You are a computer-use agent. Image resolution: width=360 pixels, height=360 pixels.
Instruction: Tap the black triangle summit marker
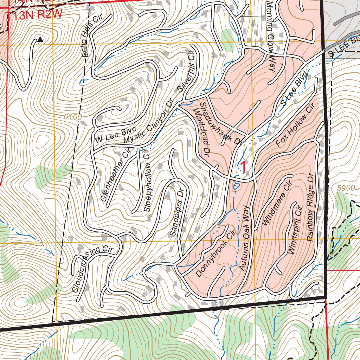(40, 39)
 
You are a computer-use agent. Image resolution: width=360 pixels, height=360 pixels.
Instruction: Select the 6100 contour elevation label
(73, 117)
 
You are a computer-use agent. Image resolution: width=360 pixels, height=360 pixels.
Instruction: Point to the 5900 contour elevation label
(346, 188)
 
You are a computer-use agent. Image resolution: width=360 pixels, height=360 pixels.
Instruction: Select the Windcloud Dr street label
(202, 132)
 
